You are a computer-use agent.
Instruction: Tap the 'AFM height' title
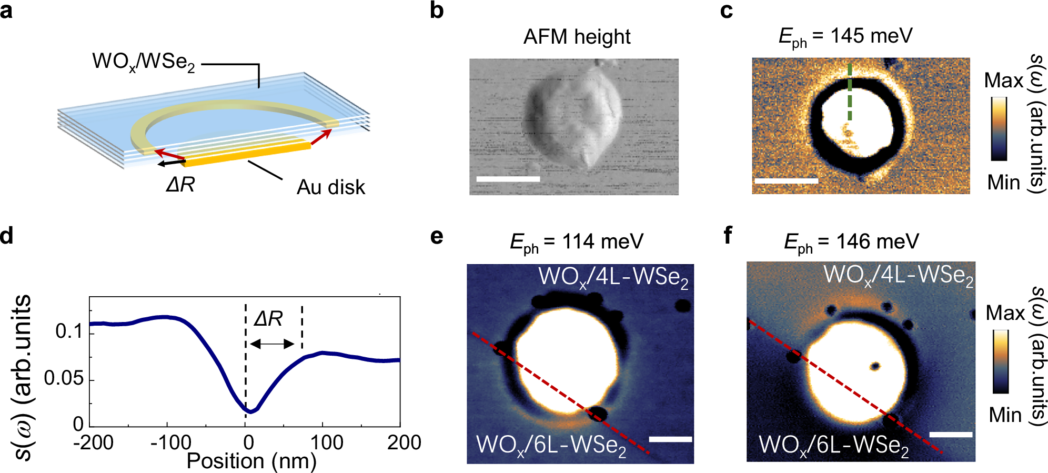(577, 37)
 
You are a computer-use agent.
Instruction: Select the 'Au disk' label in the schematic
(330, 187)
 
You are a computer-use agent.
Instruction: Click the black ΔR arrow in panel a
(171, 163)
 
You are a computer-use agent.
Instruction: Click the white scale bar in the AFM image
(508, 179)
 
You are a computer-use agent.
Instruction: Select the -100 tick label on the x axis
(170, 442)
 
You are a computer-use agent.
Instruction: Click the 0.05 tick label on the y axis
(64, 378)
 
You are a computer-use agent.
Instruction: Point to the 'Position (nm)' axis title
(251, 461)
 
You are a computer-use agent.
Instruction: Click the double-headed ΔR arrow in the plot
(272, 344)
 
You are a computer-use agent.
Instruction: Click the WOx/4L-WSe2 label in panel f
(898, 275)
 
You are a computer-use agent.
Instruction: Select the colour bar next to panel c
(999, 129)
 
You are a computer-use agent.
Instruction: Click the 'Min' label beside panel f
(1005, 415)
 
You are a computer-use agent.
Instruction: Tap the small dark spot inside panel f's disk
(875, 366)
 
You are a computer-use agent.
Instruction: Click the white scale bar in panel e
(670, 439)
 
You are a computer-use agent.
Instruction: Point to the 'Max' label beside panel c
(1003, 80)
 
